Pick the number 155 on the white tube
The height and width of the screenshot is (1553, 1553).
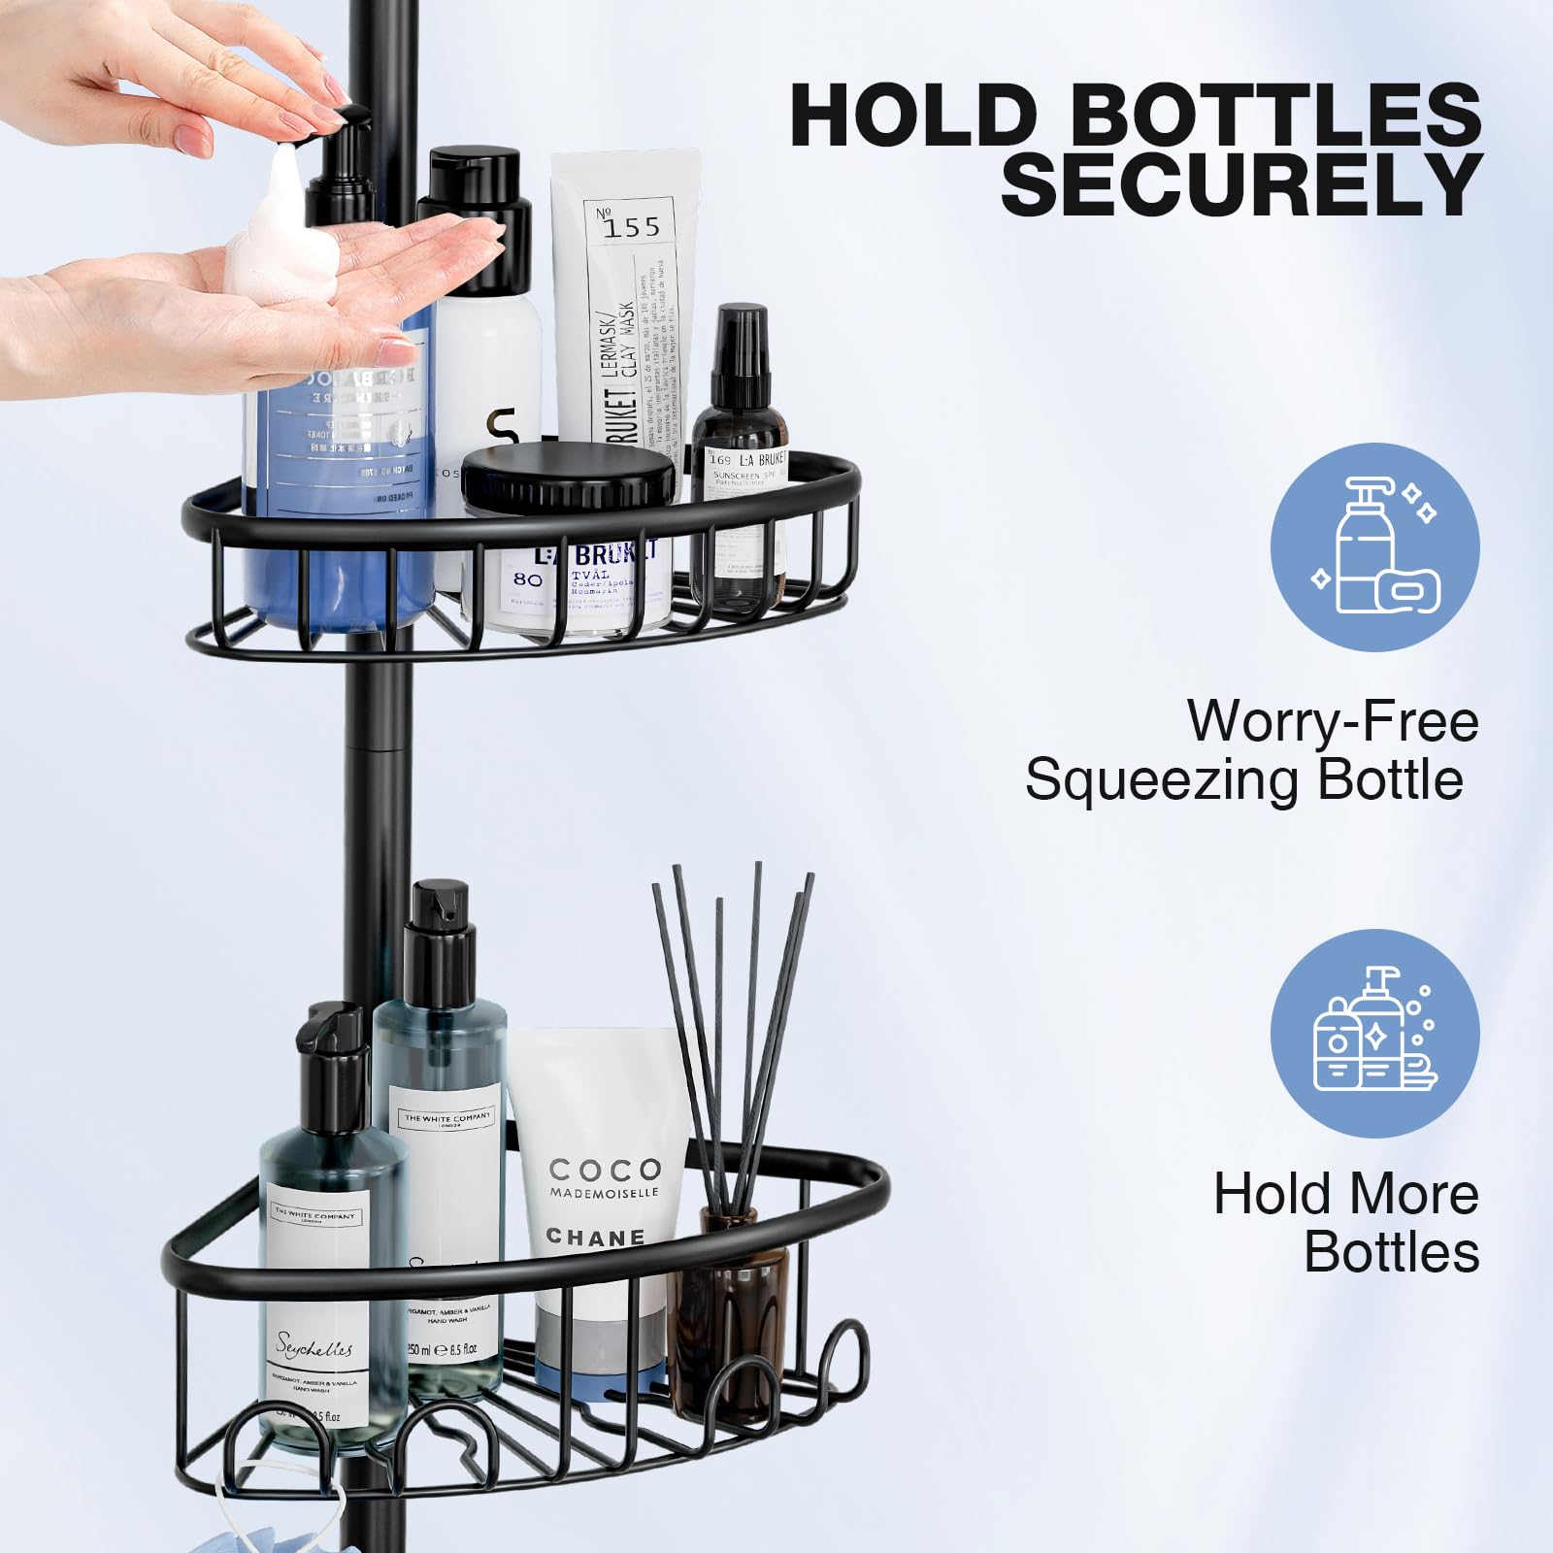tap(630, 226)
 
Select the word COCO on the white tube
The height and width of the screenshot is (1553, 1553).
tap(604, 1169)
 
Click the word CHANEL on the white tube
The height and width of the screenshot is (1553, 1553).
tap(595, 1237)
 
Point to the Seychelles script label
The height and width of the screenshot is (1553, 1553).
tap(314, 1345)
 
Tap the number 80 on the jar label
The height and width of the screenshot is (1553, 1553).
tap(527, 579)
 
